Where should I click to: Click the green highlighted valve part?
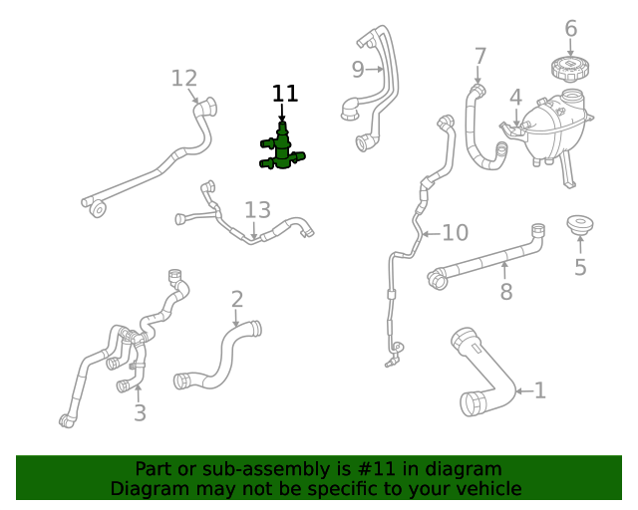point(282,149)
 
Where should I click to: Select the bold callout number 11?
point(285,94)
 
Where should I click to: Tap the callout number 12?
point(184,78)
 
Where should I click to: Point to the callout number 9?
point(357,69)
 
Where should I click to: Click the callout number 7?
point(480,56)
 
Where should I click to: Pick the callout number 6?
point(570,28)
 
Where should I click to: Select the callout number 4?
point(515,98)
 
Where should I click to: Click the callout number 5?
point(580,267)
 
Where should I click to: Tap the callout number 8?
point(506,291)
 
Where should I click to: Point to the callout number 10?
point(455,233)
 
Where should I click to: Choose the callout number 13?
point(257,210)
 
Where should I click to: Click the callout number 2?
point(236,299)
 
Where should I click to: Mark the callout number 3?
point(140,412)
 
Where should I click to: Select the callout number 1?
point(540,390)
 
